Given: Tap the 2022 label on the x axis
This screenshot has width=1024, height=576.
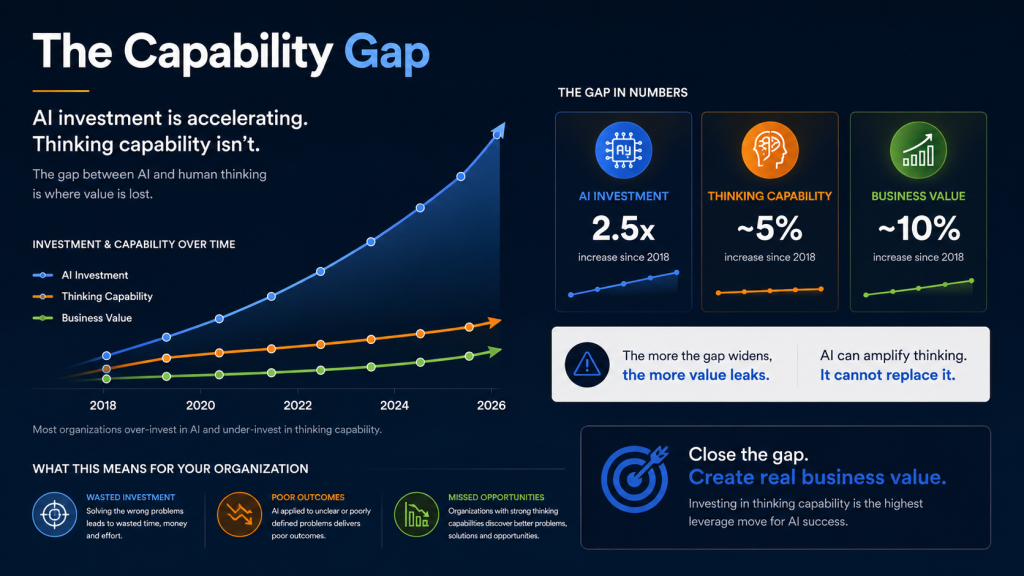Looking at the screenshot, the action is click(298, 406).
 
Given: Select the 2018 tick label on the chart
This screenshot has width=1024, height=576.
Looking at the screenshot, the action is click(103, 406).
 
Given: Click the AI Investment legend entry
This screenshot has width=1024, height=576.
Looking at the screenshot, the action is click(80, 276).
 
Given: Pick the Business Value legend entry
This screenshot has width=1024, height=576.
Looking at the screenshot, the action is click(82, 318).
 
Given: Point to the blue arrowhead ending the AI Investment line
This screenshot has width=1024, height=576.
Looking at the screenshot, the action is click(499, 129).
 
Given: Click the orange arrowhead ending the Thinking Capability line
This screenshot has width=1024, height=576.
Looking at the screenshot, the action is click(494, 322).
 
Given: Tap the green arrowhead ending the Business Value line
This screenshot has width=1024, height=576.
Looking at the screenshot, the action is click(494, 351).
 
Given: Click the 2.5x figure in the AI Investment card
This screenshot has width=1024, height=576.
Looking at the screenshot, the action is click(623, 229).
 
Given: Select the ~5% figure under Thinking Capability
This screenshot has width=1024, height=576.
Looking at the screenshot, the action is click(769, 229).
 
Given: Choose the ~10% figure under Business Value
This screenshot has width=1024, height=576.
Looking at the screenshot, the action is click(918, 229).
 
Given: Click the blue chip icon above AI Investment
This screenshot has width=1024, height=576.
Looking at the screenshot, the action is click(624, 150).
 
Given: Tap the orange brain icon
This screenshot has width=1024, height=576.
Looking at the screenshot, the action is click(770, 150).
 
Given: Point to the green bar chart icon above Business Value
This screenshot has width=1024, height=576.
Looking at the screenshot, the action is click(918, 150).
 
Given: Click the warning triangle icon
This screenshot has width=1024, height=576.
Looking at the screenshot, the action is click(587, 364).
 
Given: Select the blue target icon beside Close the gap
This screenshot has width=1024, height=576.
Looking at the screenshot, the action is click(635, 479).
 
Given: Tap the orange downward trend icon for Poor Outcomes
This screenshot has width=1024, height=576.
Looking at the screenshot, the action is click(240, 515).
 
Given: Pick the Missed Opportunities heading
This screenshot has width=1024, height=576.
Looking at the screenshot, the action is click(496, 497).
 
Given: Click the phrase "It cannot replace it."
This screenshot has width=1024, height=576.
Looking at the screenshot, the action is click(888, 375).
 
